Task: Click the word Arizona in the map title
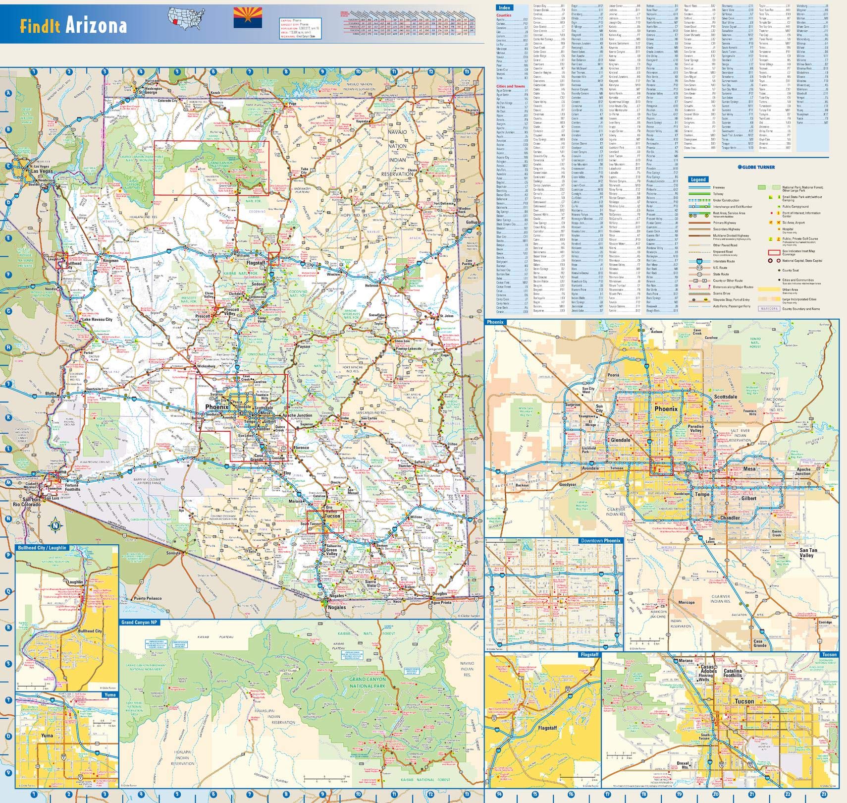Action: tap(96, 25)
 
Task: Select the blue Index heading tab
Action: tap(505, 7)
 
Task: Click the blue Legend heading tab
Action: tap(698, 179)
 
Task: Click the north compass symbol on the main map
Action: tap(55, 525)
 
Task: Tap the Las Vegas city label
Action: tap(42, 171)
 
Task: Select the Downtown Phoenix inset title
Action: tap(600, 540)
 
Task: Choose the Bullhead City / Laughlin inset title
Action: tap(42, 548)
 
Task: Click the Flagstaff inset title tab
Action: tap(589, 655)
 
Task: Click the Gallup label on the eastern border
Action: tap(473, 222)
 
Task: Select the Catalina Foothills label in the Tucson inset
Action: tap(733, 672)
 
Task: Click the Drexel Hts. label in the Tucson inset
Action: tap(683, 765)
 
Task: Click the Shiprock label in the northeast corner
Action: tap(472, 110)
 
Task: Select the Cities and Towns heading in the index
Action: tap(510, 86)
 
